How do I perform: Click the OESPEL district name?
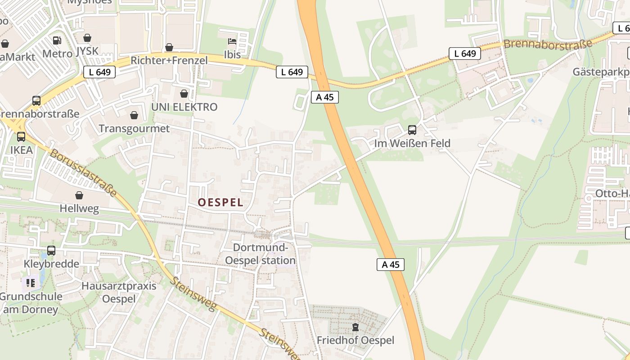point(220,202)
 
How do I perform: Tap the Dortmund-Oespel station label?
point(260,254)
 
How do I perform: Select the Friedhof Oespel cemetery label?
point(355,340)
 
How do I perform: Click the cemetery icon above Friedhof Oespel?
point(355,327)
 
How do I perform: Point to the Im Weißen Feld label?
point(412,144)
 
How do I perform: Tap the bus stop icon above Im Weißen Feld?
point(412,130)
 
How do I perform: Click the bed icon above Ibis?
point(232,42)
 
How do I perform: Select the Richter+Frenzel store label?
point(169,60)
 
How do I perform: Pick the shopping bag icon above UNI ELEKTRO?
point(184,94)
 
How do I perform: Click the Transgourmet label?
point(134,129)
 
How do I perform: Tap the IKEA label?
point(21,150)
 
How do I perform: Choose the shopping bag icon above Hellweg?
point(79,195)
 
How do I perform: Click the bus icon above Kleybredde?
point(51,251)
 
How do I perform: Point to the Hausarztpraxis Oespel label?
point(119,292)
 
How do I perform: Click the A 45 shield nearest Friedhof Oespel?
point(391,265)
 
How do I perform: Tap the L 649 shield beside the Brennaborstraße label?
point(465,54)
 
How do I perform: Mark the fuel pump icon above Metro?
point(57,40)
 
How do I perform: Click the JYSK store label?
point(87,51)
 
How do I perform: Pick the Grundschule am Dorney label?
point(31,303)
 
